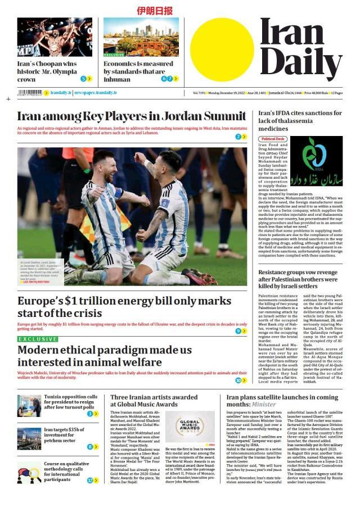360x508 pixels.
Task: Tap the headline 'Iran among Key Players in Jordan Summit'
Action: pos(131,116)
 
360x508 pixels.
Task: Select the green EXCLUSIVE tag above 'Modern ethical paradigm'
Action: pos(38,339)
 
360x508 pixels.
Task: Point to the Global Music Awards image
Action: pos(191,427)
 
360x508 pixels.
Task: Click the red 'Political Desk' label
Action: pos(273,139)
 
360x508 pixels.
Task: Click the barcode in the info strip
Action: pos(30,93)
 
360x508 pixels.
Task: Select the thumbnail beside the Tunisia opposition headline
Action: pos(29,405)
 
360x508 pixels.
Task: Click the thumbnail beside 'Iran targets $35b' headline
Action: pos(29,438)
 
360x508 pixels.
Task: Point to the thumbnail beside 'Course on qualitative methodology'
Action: pos(29,472)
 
